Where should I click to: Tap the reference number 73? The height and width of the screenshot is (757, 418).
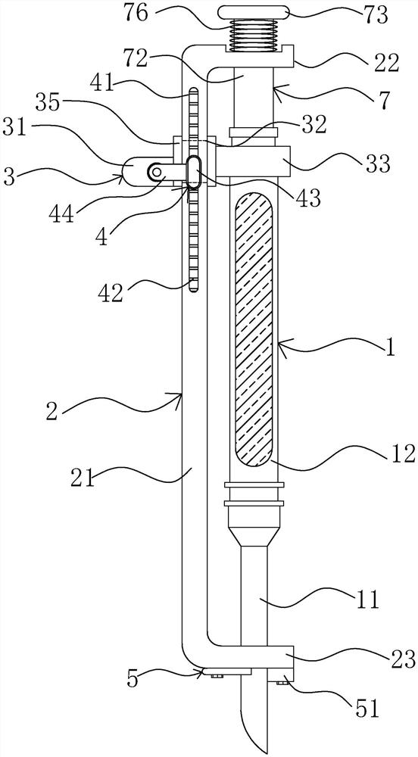pos(376,15)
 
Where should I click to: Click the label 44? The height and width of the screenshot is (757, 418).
pos(62,213)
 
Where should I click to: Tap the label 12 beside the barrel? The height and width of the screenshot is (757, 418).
pos(402,453)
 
